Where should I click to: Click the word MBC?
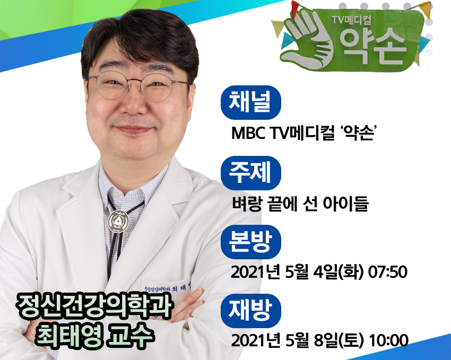click(x=249, y=133)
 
